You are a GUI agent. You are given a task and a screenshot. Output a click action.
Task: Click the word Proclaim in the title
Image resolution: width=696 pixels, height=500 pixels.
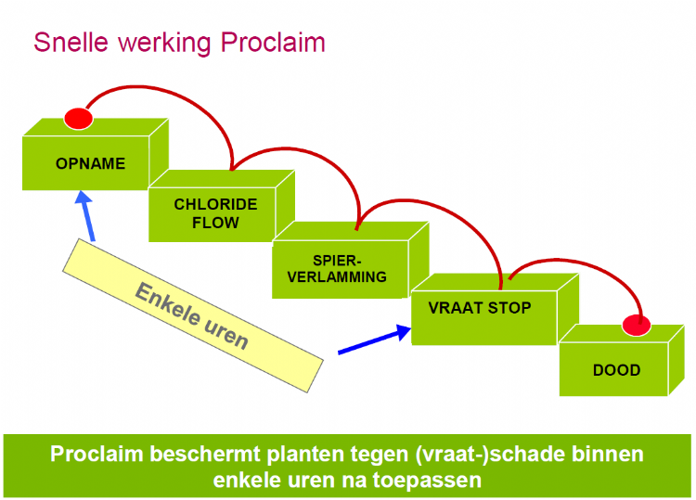273,43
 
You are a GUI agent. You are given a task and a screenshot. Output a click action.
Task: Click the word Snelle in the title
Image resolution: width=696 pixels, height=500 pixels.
71,43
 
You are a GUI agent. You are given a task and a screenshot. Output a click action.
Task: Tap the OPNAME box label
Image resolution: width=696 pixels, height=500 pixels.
91,163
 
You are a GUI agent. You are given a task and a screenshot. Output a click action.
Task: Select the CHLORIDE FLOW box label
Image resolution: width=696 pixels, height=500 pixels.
215,213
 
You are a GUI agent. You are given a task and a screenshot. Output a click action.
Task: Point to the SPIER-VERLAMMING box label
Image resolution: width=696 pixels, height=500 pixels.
337,269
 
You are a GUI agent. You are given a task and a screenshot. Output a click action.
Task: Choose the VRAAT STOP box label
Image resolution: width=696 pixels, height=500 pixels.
480,308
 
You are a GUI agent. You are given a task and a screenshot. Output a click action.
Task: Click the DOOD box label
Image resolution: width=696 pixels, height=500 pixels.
616,370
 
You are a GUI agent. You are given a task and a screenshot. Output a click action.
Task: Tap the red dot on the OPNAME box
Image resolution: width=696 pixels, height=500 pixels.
79,119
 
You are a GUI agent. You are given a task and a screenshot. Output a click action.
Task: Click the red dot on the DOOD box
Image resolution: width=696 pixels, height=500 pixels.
637,326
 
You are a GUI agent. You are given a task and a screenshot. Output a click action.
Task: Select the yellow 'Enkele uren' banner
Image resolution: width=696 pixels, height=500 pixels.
193,315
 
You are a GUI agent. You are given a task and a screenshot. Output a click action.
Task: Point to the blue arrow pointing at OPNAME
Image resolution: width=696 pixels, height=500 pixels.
85,215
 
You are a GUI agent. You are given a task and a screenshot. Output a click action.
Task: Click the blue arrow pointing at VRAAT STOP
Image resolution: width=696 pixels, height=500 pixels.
375,340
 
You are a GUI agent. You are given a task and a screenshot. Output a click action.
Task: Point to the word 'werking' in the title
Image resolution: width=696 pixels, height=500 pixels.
164,44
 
